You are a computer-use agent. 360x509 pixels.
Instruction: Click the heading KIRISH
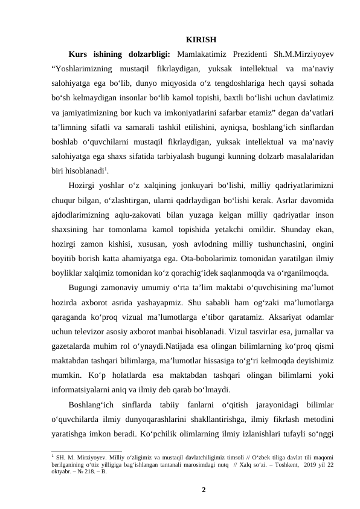(x=202, y=41)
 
